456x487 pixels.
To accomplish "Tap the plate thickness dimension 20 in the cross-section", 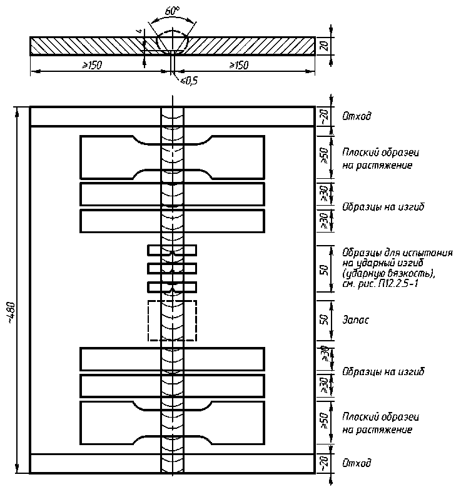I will click(x=323, y=46).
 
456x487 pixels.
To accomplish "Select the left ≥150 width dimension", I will click(x=91, y=66).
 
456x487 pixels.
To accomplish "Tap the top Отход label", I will click(x=357, y=116).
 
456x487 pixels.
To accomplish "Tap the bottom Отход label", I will click(x=357, y=463).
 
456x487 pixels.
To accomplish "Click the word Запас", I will click(x=356, y=320).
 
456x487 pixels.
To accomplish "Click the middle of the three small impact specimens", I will click(x=172, y=269).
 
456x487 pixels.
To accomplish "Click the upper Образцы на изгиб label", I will click(x=383, y=207).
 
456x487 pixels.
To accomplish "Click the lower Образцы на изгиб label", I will click(x=383, y=372).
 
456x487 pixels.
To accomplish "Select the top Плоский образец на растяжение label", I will click(x=380, y=159).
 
